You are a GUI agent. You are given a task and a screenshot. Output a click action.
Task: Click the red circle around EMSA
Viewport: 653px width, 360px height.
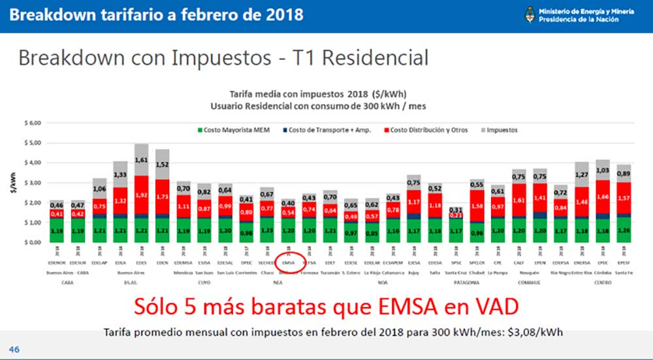point(288,261)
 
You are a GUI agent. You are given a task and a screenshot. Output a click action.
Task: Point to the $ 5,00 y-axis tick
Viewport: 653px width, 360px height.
point(32,142)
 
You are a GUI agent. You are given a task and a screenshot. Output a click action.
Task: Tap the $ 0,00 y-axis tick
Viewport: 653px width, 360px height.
point(32,242)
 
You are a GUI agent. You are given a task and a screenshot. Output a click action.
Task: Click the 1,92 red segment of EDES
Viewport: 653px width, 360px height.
point(142,195)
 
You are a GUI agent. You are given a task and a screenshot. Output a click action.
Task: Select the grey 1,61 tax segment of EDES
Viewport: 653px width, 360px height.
point(142,159)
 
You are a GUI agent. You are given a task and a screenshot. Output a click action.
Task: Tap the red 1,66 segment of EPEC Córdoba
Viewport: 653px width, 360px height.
point(603,196)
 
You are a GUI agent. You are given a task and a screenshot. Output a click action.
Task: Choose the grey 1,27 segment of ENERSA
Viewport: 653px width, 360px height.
point(582,174)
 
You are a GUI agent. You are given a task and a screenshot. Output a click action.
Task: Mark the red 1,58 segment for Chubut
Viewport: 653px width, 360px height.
point(476,207)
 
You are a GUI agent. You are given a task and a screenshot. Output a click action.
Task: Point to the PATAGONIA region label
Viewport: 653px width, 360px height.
point(466,282)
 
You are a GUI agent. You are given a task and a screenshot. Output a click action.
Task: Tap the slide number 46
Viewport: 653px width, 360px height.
point(14,350)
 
